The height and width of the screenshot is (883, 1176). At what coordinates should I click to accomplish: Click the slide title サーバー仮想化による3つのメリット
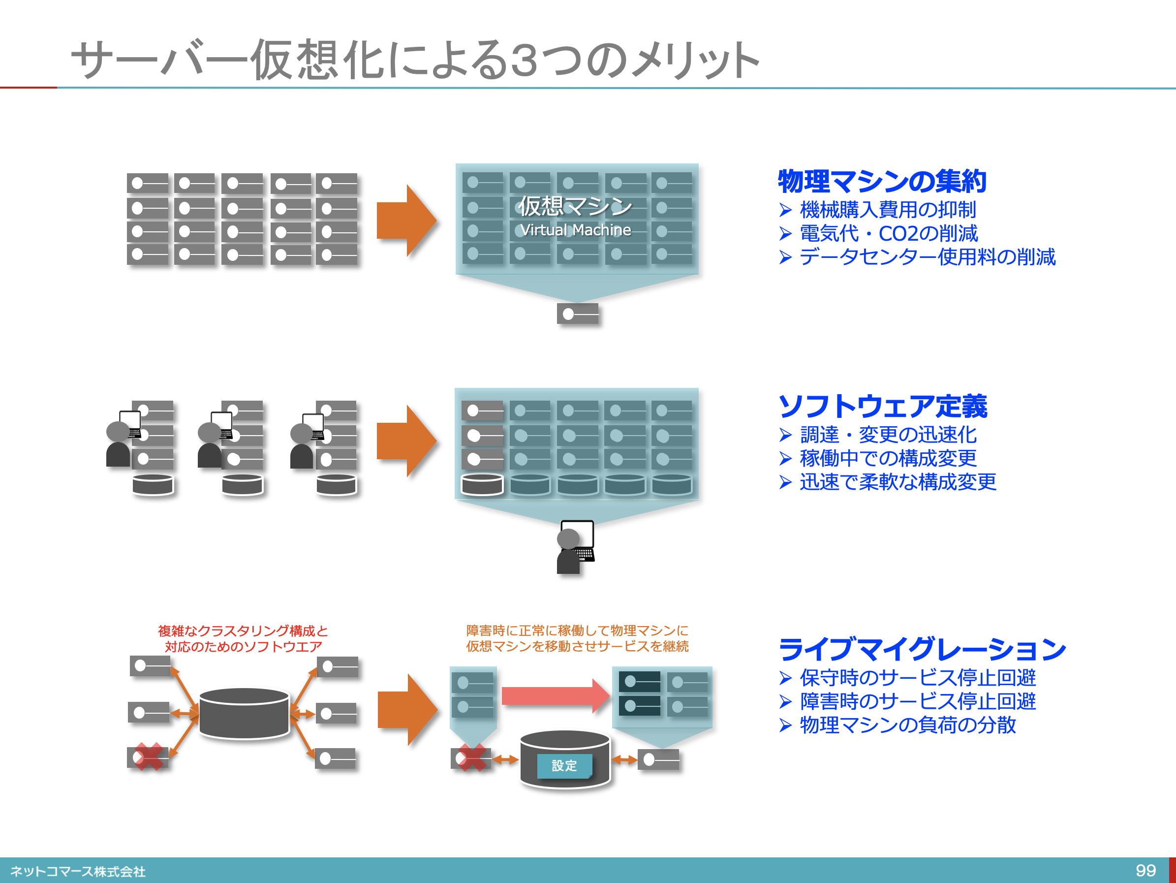(x=415, y=60)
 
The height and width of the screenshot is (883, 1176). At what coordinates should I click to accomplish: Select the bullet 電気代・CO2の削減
(x=888, y=233)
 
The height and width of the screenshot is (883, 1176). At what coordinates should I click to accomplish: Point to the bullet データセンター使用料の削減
(x=927, y=257)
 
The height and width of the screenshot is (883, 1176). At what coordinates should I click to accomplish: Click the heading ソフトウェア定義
(x=883, y=407)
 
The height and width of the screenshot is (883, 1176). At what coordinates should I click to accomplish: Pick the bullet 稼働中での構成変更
(x=888, y=458)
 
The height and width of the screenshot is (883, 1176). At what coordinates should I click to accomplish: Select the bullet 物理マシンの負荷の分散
(x=907, y=725)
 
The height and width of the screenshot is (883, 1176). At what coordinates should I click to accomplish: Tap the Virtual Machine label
(x=575, y=230)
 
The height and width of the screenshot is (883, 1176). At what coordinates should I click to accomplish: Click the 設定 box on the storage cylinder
(x=564, y=766)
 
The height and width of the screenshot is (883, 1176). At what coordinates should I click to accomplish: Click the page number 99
(x=1145, y=870)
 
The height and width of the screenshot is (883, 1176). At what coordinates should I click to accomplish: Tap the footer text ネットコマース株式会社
(x=78, y=871)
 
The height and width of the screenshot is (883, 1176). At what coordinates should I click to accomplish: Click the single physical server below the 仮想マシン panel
(x=577, y=314)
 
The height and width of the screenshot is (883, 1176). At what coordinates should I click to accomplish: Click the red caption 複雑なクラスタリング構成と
(x=243, y=631)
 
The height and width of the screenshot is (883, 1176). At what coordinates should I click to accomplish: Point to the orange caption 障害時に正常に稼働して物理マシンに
(x=577, y=631)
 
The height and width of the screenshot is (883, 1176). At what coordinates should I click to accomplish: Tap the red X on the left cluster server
(x=148, y=757)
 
